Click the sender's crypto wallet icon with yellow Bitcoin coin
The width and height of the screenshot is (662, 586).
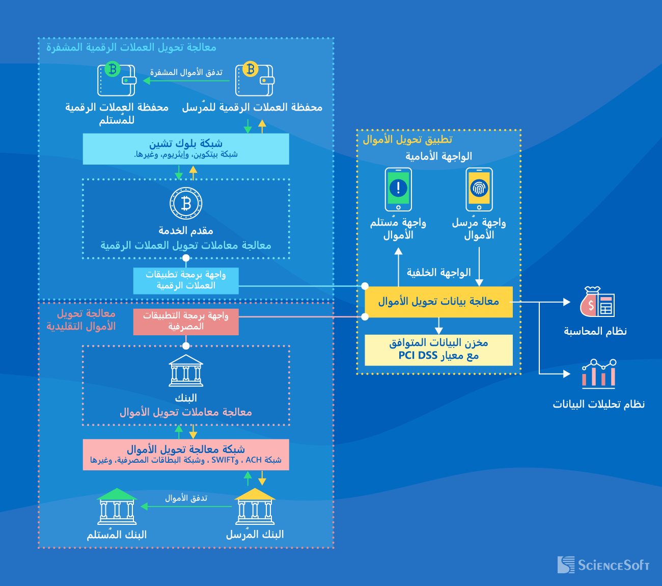pos(254,79)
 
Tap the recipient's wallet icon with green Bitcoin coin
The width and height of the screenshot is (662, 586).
pos(117,79)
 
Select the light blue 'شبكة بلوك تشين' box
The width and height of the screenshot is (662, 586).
pos(186,149)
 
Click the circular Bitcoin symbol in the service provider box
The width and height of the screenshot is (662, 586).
pos(186,203)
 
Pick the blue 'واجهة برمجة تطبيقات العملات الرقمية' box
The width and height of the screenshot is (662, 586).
pos(186,281)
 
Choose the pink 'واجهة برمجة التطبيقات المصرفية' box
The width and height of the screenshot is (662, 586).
pos(186,322)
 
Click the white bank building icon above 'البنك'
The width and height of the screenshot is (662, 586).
pos(186,370)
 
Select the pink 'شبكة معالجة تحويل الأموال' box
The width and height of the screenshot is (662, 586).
pos(186,455)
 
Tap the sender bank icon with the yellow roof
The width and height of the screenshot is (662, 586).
pos(255,507)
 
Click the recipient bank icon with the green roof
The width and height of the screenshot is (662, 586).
pos(117,507)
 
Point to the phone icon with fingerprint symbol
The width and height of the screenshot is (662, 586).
pos(479,190)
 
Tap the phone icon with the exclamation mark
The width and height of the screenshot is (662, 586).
pos(398,190)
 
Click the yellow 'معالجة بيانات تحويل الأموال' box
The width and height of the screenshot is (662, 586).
pos(438,302)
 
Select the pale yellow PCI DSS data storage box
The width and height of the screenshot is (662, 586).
pos(438,350)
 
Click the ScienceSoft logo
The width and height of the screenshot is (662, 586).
pos(603,565)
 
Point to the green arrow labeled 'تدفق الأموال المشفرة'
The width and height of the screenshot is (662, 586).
pos(186,81)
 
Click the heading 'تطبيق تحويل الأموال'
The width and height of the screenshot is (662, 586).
pos(407,140)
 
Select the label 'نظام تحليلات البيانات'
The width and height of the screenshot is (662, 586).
pos(599,404)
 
